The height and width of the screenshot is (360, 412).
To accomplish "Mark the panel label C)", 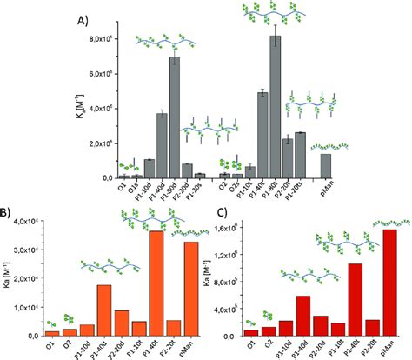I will (x=217, y=212).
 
